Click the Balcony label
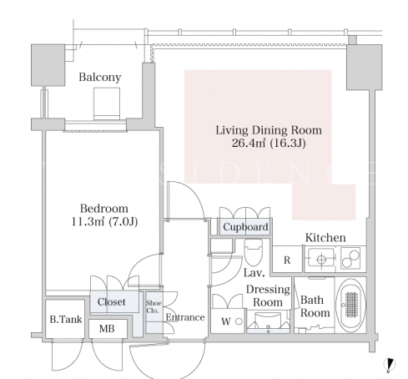click(x=100, y=77)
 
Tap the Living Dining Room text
click(x=269, y=130)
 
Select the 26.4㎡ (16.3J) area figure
click(x=269, y=143)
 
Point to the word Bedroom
click(x=104, y=209)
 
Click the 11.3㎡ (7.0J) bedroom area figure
click(x=104, y=222)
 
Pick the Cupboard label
click(x=245, y=227)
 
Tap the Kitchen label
click(x=325, y=238)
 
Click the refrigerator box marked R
click(x=287, y=260)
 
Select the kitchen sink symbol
click(x=321, y=260)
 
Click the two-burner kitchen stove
click(x=350, y=259)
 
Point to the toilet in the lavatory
click(x=253, y=252)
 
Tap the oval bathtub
click(x=351, y=305)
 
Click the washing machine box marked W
click(x=228, y=321)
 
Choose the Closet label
click(x=112, y=301)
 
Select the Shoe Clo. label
click(x=154, y=306)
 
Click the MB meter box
click(x=108, y=329)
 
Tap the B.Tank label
click(x=66, y=319)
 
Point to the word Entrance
click(x=185, y=317)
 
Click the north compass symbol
click(x=390, y=365)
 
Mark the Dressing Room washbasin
click(x=268, y=323)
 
